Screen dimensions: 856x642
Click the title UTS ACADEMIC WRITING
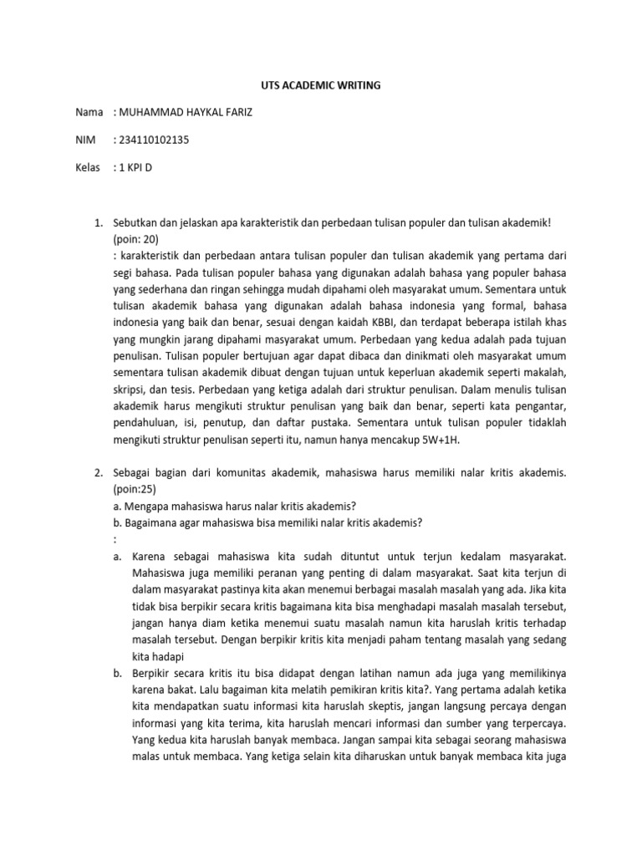pyautogui.click(x=322, y=84)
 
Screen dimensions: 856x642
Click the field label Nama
pyautogui.click(x=89, y=112)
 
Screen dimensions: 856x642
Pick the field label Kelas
pyautogui.click(x=89, y=167)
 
